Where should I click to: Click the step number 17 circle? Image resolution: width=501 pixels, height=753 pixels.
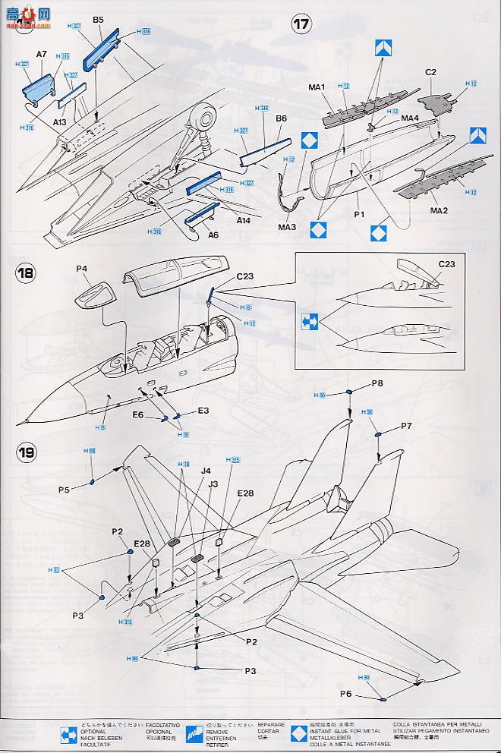(301, 24)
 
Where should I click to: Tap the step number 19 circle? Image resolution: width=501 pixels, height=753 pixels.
(27, 454)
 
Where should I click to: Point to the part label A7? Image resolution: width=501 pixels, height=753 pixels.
(42, 55)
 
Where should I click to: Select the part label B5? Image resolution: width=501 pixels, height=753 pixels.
(98, 20)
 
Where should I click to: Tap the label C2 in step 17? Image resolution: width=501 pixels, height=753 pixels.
(430, 72)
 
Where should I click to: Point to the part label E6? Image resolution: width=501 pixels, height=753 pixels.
(138, 415)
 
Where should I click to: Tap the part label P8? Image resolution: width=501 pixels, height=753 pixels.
(377, 383)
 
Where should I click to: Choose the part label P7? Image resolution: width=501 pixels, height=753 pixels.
(406, 427)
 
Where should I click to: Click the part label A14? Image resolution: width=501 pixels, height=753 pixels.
(243, 220)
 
